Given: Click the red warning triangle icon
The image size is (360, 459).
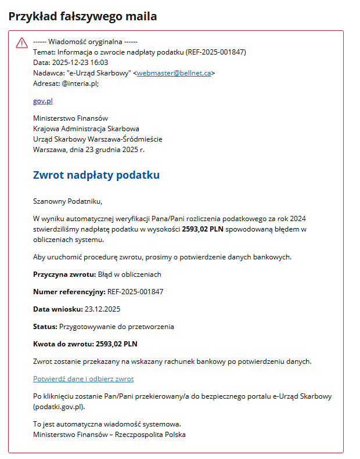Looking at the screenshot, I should (x=21, y=43).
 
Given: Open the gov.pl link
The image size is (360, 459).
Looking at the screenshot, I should (x=43, y=101).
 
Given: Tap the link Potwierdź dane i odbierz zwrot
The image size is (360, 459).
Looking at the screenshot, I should (x=83, y=379).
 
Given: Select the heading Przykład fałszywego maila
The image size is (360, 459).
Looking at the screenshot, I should (x=82, y=16).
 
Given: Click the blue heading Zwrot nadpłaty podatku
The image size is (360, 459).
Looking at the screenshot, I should (x=96, y=175).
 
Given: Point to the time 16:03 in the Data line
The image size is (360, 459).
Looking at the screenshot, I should (x=100, y=63).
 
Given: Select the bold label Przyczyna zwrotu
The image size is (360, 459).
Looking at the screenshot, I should (x=64, y=274).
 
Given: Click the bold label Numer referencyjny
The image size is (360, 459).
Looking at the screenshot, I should (x=69, y=291).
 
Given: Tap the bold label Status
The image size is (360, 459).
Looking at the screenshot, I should (x=44, y=327).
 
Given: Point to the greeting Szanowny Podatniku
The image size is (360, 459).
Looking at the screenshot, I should (x=67, y=201).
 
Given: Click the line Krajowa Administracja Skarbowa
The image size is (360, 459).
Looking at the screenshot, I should (x=86, y=129).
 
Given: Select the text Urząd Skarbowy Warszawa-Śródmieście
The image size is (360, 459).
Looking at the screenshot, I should (x=98, y=139).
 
